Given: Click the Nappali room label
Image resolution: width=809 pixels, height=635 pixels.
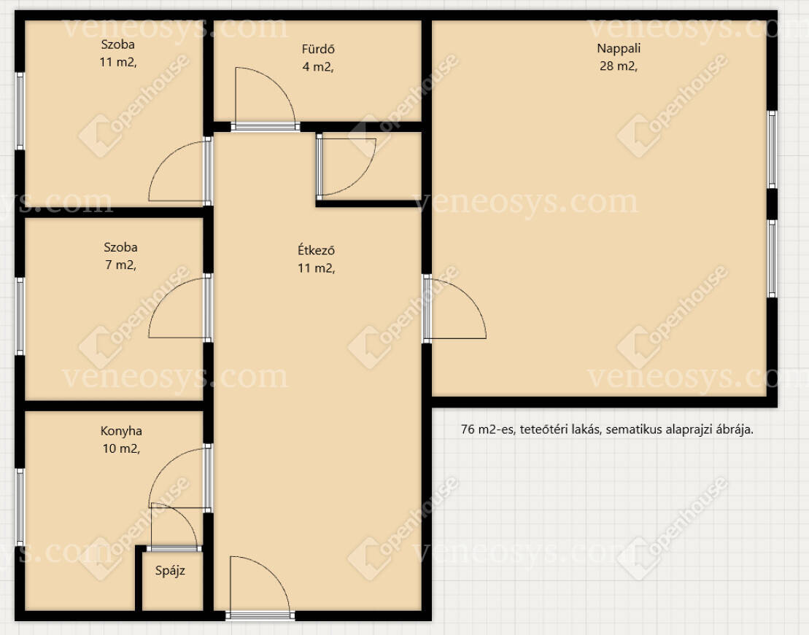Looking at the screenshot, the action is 619,49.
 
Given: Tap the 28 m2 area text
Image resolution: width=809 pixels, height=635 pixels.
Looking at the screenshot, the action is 618,66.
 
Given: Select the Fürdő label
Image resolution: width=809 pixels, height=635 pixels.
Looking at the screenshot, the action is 318,49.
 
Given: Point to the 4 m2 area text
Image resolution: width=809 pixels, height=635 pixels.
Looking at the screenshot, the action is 318,66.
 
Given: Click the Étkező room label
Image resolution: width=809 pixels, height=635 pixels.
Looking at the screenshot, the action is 317,250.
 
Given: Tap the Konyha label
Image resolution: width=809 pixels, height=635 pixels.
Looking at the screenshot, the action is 121,431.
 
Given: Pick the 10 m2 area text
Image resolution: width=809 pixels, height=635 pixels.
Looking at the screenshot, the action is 121,448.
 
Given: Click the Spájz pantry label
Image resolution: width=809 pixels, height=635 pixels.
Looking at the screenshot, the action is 170,571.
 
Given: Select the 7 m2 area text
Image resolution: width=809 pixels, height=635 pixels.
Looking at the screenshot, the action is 121,265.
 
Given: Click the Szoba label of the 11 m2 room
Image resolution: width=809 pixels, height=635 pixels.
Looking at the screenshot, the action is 118,44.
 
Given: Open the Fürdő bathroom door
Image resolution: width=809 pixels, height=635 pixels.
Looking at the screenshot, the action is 266,98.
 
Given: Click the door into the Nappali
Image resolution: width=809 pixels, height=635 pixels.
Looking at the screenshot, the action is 455,308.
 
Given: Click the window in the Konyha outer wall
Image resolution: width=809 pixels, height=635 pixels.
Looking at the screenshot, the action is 20,507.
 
